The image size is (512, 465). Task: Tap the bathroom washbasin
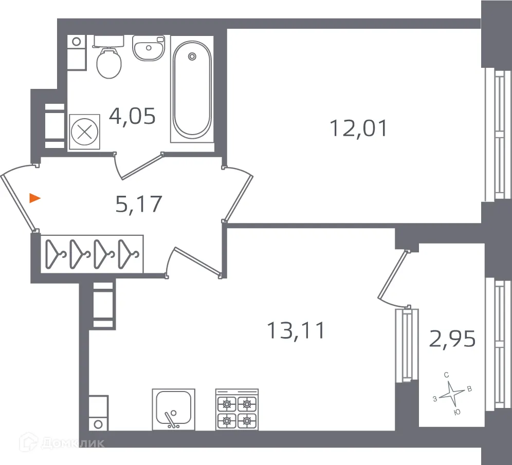pyautogui.click(x=149, y=48)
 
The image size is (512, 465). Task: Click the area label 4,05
pyautogui.click(x=132, y=117)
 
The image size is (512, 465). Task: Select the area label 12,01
pyautogui.click(x=358, y=128)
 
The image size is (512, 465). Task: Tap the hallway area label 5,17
pyautogui.click(x=138, y=204)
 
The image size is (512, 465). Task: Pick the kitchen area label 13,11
pyautogui.click(x=296, y=330)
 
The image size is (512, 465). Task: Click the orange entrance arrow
pyautogui.click(x=34, y=198)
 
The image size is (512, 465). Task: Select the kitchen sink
pyautogui.click(x=174, y=408)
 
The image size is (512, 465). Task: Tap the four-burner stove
pyautogui.click(x=236, y=410)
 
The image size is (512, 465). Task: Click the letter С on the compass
pyautogui.click(x=447, y=376)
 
